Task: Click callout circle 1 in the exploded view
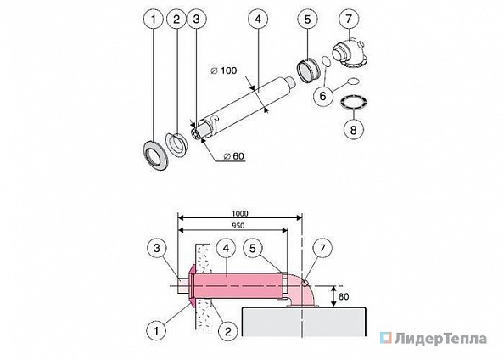pos(154,19)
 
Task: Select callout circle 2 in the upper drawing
pos(176,19)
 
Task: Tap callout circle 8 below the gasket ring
pos(353,130)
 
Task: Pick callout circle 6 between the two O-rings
pos(322,96)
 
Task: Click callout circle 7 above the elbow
pos(349,19)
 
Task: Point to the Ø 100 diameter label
pos(224,70)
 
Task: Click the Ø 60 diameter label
pos(234,156)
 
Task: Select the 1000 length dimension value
pos(240,214)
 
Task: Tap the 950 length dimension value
pos(238,226)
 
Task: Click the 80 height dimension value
pos(344,296)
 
